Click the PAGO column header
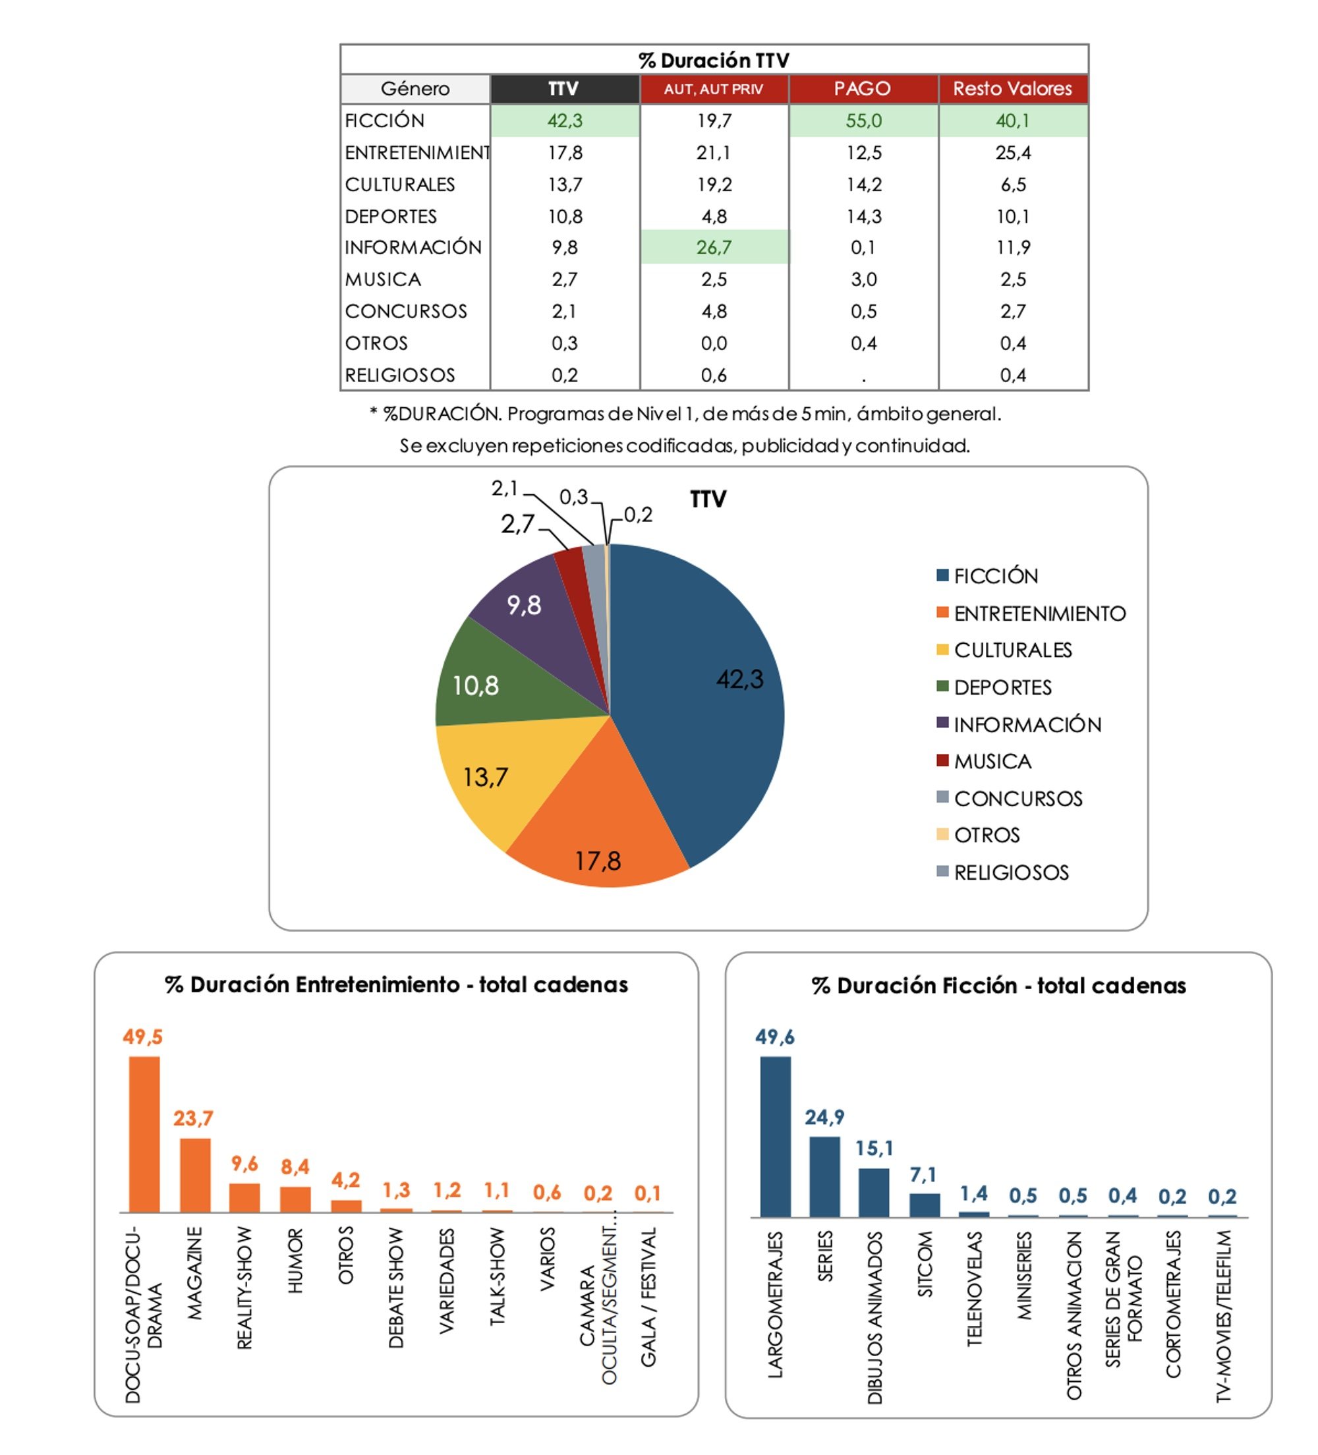click(x=863, y=89)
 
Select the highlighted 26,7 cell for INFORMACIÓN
click(x=714, y=248)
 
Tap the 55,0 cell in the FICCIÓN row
click(x=863, y=121)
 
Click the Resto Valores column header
click(x=1012, y=89)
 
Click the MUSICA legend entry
click(x=992, y=761)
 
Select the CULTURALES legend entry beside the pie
click(x=1012, y=650)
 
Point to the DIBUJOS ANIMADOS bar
click(x=873, y=1192)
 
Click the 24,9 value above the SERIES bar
click(x=824, y=1117)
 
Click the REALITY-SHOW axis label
click(x=244, y=1288)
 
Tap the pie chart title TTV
click(x=707, y=499)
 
